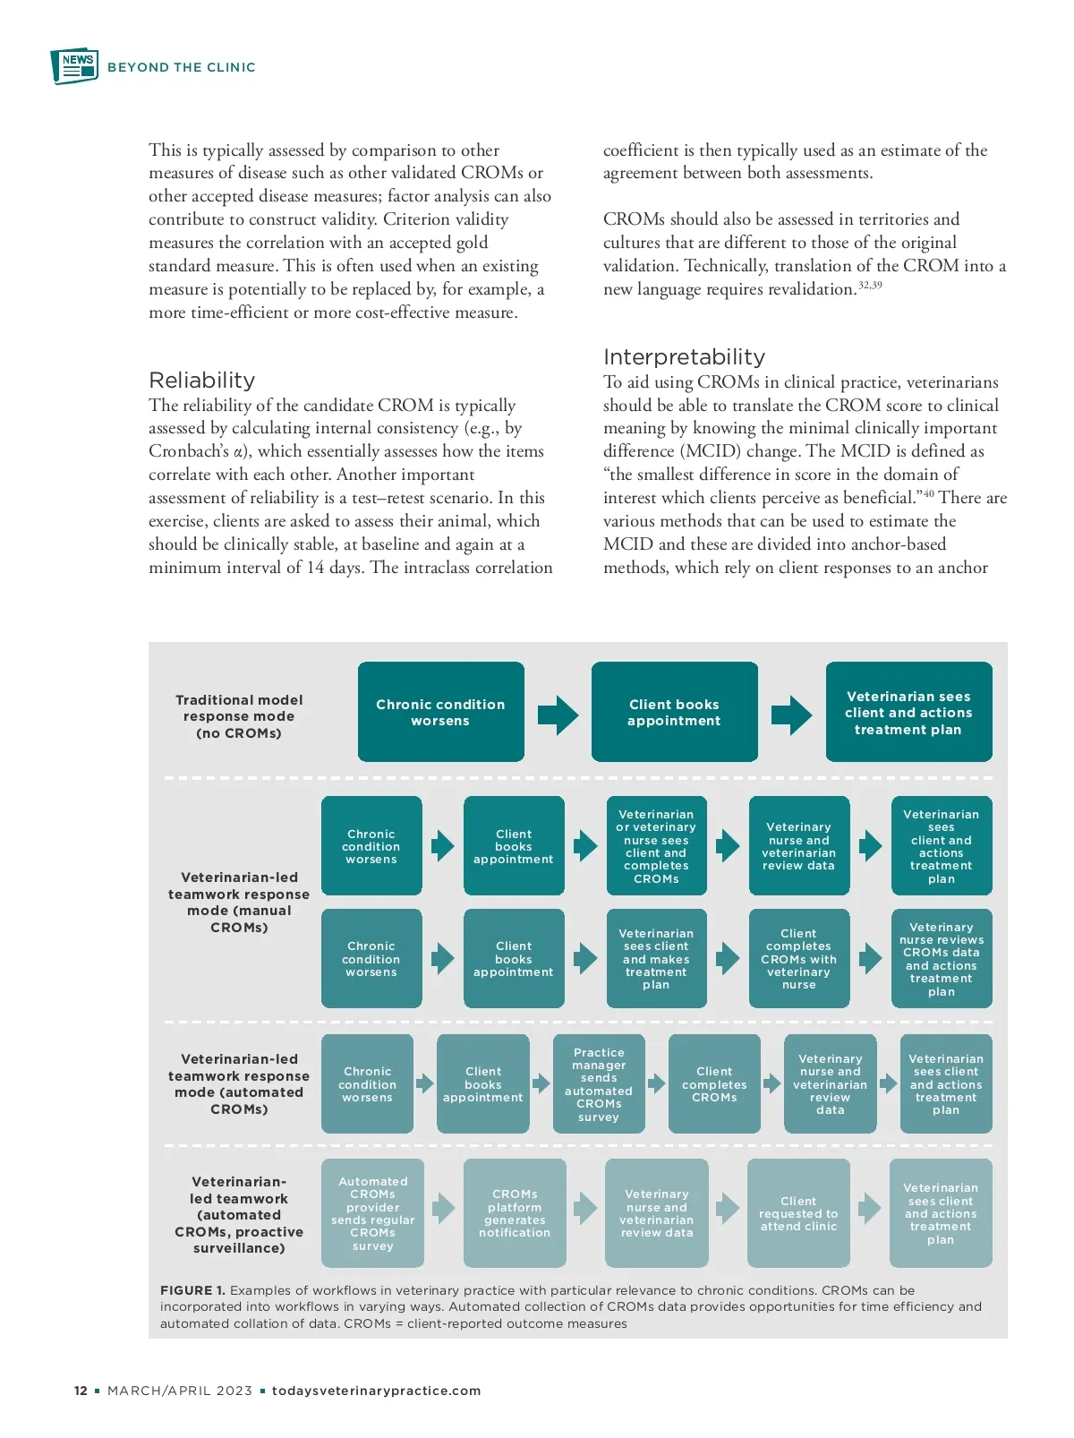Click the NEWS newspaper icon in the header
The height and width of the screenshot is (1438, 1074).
point(74,66)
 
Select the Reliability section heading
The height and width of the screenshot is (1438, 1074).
point(202,380)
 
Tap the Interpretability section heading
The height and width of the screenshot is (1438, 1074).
point(684,357)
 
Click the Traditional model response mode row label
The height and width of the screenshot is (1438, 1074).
point(239,716)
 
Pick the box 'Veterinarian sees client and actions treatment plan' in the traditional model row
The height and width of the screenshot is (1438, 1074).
point(908,713)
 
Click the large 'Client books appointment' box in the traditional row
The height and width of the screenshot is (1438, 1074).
point(674,713)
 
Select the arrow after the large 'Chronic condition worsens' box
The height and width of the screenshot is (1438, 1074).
point(558,715)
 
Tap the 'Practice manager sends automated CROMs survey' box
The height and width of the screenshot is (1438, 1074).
point(599,1084)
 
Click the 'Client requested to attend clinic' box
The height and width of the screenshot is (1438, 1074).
point(798,1213)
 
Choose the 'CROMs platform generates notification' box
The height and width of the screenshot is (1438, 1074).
point(515,1213)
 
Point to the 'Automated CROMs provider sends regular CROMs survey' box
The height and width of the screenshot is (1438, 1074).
point(372,1213)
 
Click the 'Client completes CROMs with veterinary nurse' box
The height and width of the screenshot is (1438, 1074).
point(798,959)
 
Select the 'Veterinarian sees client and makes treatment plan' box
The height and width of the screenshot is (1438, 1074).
point(656,959)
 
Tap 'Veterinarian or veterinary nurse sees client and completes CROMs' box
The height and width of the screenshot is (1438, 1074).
point(656,846)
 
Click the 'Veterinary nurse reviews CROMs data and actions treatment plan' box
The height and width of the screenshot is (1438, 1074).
point(941,959)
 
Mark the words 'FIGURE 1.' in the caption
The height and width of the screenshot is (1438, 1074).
point(192,1290)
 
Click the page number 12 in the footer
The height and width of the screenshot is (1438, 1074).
point(81,1391)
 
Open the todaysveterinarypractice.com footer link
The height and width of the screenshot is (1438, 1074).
point(376,1391)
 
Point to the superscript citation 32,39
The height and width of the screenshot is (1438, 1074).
point(870,285)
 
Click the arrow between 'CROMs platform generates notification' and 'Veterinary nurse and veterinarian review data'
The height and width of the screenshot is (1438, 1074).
point(585,1208)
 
